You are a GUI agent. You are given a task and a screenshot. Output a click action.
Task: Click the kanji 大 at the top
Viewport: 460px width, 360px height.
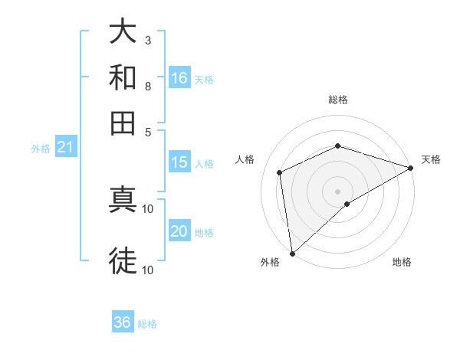point(123,33)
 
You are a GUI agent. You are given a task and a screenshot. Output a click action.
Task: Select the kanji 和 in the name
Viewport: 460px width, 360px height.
point(123,77)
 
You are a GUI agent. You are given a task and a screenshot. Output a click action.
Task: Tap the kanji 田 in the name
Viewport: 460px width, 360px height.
point(123,123)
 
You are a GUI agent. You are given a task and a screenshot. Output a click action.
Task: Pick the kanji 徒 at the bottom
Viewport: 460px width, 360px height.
point(123,260)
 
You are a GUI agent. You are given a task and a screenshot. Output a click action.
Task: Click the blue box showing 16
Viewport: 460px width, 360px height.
point(179,78)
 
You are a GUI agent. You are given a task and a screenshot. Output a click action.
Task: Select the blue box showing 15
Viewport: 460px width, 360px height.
point(179,162)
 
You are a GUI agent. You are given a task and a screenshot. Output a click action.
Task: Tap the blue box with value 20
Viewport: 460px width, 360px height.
point(179,231)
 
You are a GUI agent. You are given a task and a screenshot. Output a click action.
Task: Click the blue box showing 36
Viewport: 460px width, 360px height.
point(123,322)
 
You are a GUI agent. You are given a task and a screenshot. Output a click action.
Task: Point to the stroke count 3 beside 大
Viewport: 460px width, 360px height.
point(148,41)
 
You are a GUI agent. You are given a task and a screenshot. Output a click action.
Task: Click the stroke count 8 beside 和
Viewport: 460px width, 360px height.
point(148,86)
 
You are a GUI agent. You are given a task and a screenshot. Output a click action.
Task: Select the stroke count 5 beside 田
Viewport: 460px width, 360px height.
point(148,131)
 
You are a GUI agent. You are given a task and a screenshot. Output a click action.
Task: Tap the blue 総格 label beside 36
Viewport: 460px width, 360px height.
point(147,324)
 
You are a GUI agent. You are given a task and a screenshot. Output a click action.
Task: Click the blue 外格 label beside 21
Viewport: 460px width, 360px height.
point(40,149)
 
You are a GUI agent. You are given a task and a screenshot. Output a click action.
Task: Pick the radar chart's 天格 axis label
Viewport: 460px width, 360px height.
point(431,159)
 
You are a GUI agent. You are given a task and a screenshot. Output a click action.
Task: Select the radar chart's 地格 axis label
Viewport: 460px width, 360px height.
point(402,263)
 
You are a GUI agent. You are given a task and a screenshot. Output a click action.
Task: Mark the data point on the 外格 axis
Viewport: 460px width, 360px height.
point(292,253)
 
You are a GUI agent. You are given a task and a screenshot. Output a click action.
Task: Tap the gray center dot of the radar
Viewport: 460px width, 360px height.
point(338,191)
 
